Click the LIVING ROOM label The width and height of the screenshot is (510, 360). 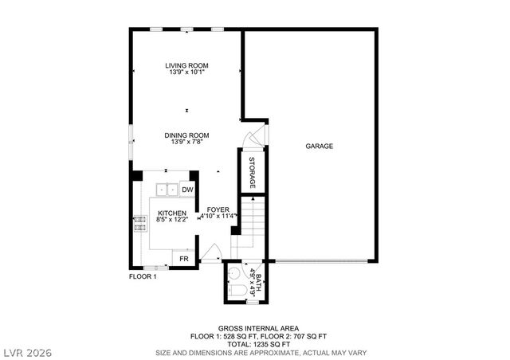[186, 65]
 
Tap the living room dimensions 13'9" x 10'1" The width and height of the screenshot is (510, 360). [186, 72]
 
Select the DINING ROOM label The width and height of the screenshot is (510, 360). [186, 135]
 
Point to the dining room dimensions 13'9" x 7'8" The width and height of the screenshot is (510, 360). [186, 142]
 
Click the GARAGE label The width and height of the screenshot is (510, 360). [319, 146]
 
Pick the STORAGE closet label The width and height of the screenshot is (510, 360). [253, 172]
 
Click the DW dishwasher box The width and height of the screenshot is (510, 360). [187, 190]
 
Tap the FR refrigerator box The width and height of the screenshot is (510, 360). [182, 259]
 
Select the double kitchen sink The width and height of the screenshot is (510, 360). [167, 190]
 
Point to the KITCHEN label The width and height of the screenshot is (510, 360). [171, 213]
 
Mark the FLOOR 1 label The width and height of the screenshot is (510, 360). [143, 276]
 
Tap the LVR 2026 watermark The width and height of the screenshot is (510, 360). [28, 350]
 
